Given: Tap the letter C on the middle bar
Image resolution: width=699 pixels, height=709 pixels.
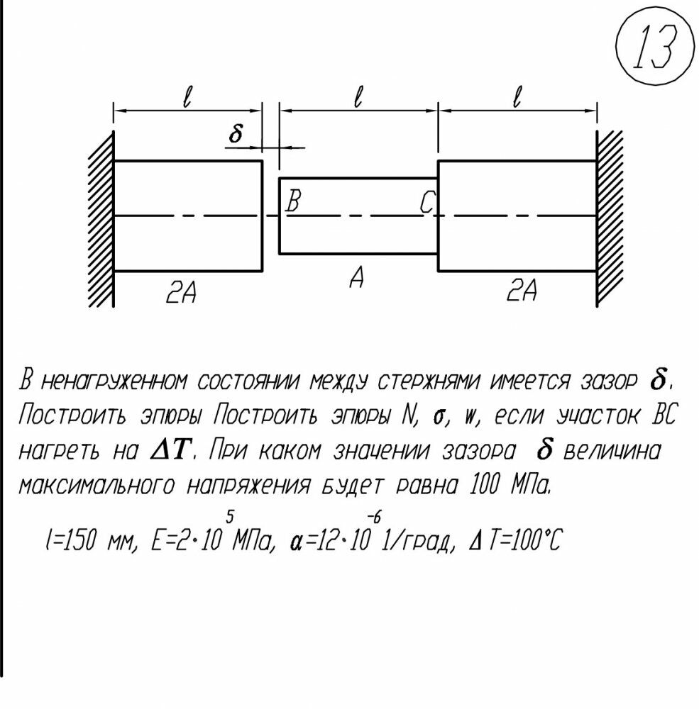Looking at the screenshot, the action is coord(426,204).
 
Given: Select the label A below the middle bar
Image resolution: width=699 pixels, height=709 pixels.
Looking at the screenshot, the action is coord(357,279).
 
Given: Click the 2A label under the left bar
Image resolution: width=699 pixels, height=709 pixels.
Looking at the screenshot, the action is coord(181,291).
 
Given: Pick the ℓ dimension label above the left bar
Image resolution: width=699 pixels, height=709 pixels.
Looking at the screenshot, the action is coord(187,97).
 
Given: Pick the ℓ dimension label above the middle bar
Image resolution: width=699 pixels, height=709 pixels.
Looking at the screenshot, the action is coord(358,97).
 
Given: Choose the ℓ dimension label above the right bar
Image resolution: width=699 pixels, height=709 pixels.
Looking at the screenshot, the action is coord(517,97).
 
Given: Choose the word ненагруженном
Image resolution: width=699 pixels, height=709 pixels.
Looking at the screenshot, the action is coord(114,383).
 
